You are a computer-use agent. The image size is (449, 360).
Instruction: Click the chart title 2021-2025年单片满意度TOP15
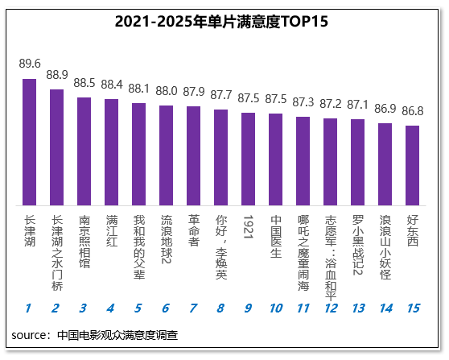[221, 22]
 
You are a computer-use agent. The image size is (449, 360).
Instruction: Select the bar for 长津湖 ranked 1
[30, 143]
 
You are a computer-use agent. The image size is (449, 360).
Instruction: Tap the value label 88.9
[57, 75]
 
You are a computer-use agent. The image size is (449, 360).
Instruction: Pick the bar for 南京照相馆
[84, 151]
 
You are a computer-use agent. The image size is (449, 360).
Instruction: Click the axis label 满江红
[112, 230]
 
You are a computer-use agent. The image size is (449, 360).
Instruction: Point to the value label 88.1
[139, 89]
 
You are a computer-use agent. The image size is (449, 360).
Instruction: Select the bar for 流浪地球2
[166, 155]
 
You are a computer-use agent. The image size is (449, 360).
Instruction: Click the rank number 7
[193, 308]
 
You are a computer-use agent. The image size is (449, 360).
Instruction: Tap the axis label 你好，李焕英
[221, 247]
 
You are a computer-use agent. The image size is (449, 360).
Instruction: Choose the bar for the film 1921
[249, 159]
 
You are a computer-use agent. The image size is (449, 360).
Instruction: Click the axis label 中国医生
[276, 236]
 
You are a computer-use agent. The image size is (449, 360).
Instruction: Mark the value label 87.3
[303, 102]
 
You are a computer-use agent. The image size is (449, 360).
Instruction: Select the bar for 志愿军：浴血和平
[331, 162]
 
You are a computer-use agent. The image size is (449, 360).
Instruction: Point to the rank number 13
[358, 308]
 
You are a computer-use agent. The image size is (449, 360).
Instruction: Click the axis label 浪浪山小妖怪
[385, 247]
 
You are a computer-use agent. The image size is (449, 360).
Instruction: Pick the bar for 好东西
[412, 165]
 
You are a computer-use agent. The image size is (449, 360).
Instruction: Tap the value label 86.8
[412, 111]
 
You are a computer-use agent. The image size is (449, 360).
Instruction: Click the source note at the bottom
[95, 335]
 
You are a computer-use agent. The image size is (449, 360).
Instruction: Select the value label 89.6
[30, 64]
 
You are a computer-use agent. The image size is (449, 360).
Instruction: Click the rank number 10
[276, 308]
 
